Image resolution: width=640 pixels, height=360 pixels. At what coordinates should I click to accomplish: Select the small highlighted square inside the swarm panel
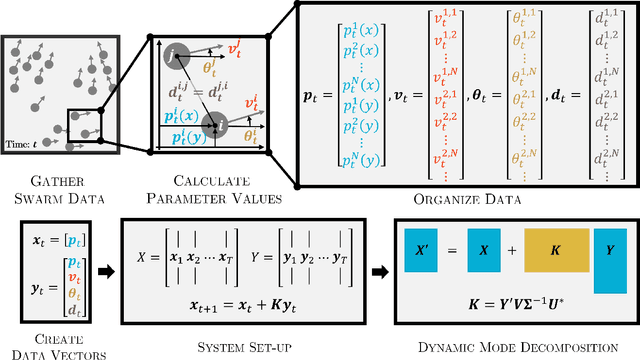click(85, 128)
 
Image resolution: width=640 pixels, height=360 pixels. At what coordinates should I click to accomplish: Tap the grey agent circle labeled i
click(214, 124)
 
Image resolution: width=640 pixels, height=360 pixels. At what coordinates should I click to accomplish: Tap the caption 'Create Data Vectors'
click(50, 341)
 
